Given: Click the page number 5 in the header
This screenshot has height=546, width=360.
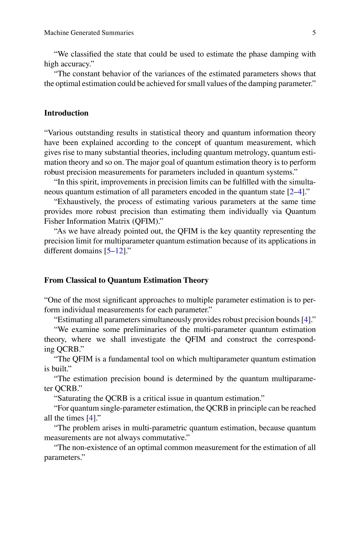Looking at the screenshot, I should (x=314, y=33).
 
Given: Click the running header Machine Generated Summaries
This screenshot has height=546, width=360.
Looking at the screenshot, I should (x=89, y=33).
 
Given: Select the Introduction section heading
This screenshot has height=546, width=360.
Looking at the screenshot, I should (x=66, y=113).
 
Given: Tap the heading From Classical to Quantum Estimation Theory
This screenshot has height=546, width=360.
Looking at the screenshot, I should (x=126, y=280).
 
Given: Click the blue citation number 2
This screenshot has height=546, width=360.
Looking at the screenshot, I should (x=292, y=192).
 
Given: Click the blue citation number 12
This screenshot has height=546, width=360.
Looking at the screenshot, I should (x=119, y=251).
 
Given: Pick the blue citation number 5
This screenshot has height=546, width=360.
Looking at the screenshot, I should (x=108, y=251).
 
